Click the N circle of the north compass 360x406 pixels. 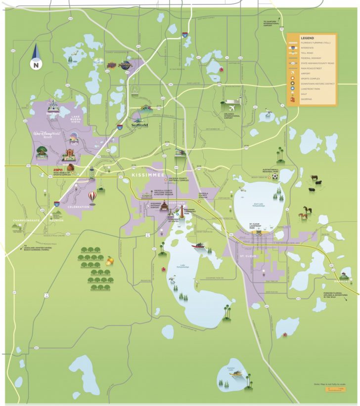click(36, 64)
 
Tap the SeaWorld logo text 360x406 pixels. click(140, 124)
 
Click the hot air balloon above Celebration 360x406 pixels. click(92, 196)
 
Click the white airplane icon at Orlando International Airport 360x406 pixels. click(231, 106)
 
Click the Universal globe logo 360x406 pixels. click(126, 64)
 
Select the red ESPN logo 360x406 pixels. click(58, 170)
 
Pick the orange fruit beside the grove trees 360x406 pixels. click(110, 260)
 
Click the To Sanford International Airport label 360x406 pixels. click(270, 24)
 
